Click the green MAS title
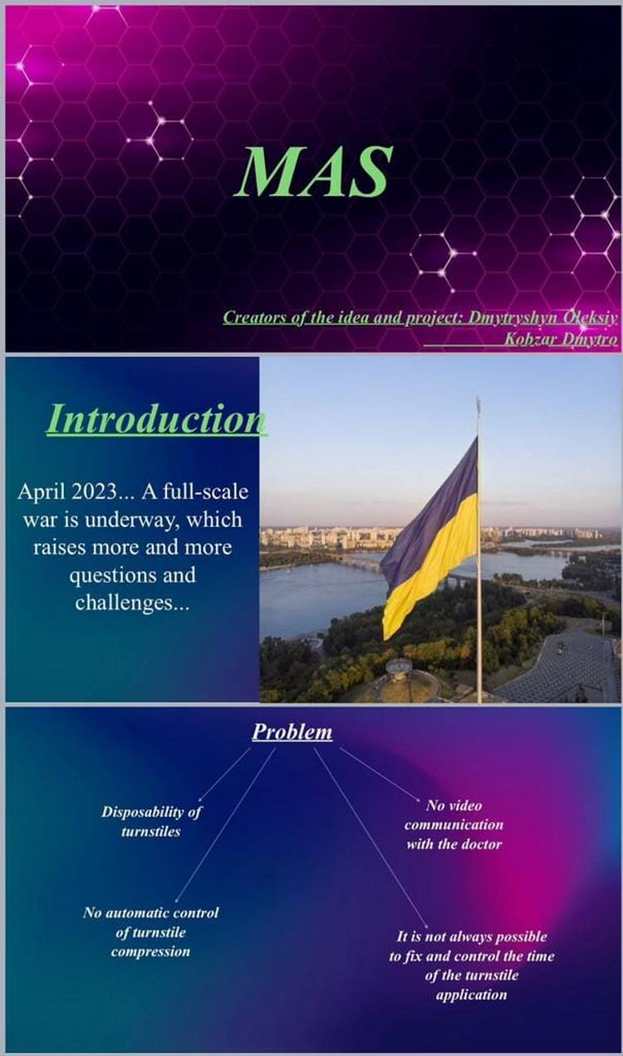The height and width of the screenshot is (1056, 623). pyautogui.click(x=314, y=171)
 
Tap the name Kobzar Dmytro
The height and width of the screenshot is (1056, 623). pyautogui.click(x=561, y=340)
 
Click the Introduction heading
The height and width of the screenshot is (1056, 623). pyautogui.click(x=156, y=419)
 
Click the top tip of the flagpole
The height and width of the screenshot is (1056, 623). pyautogui.click(x=478, y=398)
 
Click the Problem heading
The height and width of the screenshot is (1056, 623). pyautogui.click(x=292, y=731)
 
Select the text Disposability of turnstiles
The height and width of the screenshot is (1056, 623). pyautogui.click(x=151, y=821)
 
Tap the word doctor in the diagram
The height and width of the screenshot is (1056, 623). pyautogui.click(x=481, y=843)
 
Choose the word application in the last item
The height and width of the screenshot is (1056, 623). pyautogui.click(x=471, y=995)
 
